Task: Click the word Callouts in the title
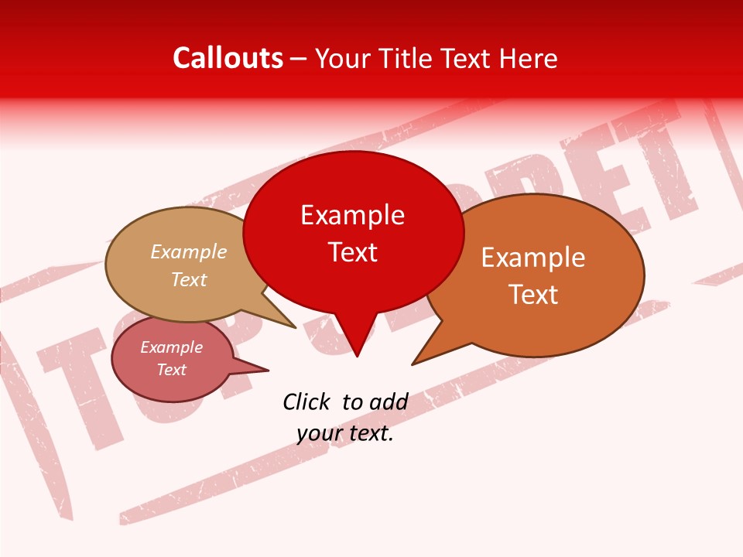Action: click(228, 58)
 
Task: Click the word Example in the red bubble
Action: click(352, 215)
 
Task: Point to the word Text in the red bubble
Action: click(352, 252)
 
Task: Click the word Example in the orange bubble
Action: click(533, 258)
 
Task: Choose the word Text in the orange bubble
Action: click(533, 294)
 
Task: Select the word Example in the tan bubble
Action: click(189, 251)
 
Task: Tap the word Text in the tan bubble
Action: click(189, 279)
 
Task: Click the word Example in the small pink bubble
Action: click(172, 347)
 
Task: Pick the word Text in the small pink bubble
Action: click(172, 370)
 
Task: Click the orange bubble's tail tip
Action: click(413, 364)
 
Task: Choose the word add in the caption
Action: click(388, 402)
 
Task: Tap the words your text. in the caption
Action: click(345, 433)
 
